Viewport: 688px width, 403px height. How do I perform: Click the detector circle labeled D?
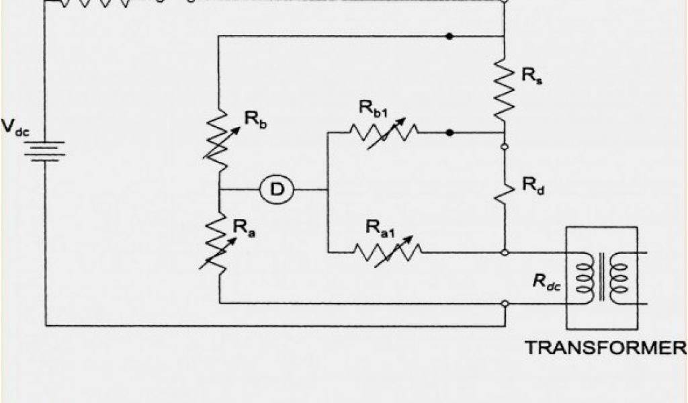[276, 191]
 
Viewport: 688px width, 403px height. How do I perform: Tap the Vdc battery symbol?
[46, 150]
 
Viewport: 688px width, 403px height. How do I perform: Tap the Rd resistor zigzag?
[504, 190]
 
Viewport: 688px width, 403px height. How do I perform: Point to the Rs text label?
[531, 75]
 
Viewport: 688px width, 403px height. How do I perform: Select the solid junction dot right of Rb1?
[449, 133]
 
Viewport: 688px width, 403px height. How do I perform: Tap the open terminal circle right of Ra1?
[505, 253]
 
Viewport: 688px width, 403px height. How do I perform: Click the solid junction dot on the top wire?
[449, 35]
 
